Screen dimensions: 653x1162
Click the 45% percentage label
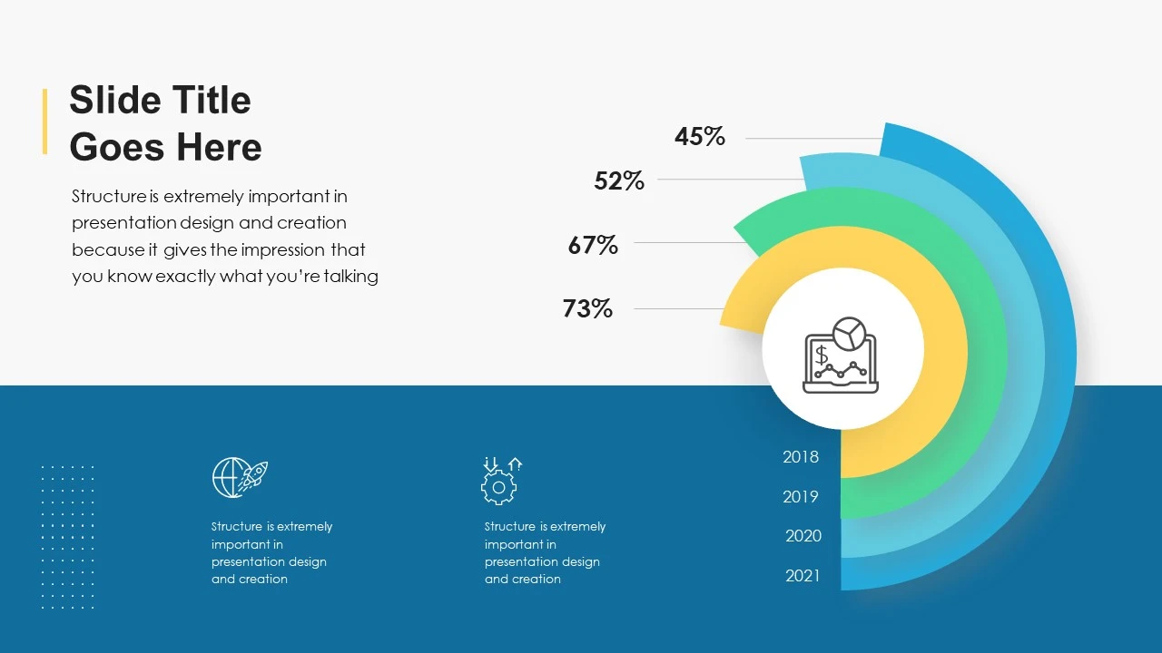(699, 137)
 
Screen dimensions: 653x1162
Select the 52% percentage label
(619, 181)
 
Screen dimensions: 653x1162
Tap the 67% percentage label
(593, 245)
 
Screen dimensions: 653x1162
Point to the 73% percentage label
(587, 309)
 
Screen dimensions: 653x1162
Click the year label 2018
(801, 457)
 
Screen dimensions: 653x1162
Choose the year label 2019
(801, 497)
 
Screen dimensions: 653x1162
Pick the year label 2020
(803, 536)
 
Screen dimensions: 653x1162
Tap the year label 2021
(803, 576)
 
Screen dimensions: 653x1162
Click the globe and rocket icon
(240, 477)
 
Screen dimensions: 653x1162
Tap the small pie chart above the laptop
(850, 334)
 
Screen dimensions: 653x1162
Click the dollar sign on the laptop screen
(822, 355)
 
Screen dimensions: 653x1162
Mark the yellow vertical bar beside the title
(44, 122)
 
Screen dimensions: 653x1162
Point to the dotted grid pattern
(68, 537)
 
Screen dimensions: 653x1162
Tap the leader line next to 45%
(812, 139)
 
